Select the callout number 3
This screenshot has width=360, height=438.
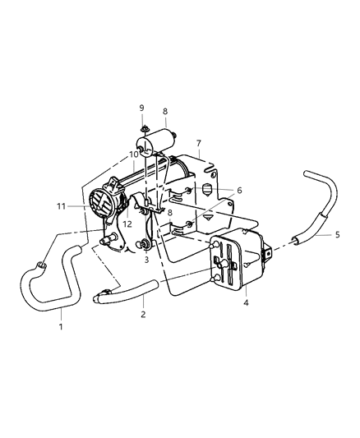146,260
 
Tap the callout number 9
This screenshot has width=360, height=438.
141,108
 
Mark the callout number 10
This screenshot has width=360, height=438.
133,154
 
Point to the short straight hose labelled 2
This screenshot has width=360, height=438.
132,290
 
